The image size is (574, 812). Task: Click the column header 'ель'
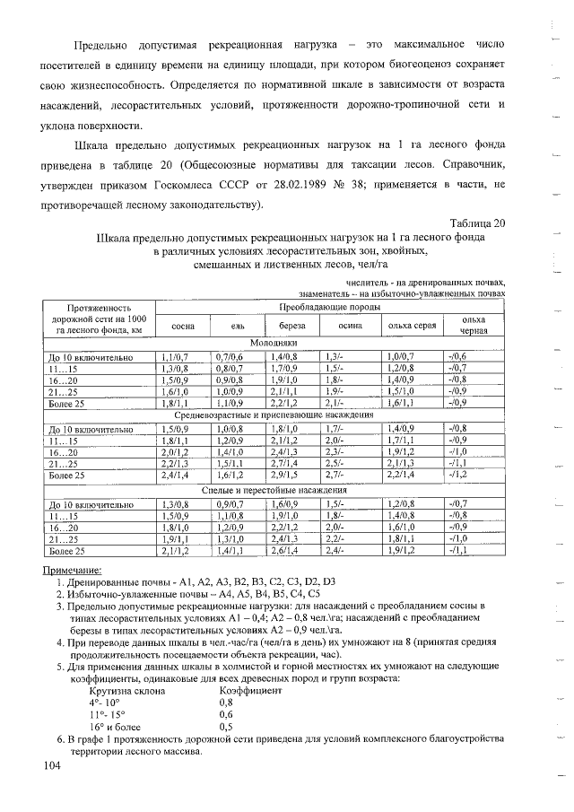[239, 325]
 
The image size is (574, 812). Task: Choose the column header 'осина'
[350, 325]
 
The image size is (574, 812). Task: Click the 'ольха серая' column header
[412, 325]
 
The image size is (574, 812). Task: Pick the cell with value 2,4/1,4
[174, 475]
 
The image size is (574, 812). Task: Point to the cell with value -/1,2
[458, 475]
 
